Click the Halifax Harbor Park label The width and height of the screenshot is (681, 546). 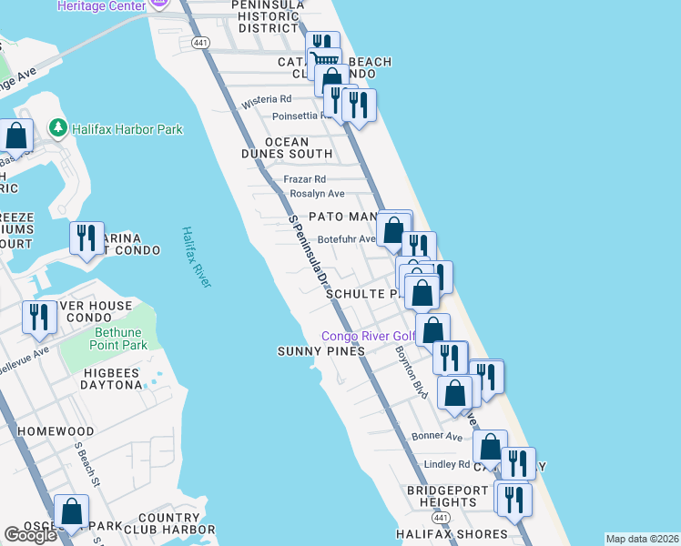128,129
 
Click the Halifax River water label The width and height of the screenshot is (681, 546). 195,258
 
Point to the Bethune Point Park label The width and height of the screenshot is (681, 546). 120,339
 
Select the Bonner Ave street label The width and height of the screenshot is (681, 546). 437,436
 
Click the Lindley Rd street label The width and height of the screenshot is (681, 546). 445,464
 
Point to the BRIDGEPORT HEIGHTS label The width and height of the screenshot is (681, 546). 448,496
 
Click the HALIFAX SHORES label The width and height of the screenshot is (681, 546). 452,534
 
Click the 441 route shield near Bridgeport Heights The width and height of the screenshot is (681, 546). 441,517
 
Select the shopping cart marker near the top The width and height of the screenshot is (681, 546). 325,61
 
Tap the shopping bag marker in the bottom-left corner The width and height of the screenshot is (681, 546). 71,511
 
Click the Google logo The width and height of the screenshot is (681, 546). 30,535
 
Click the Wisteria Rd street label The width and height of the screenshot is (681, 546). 267,98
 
